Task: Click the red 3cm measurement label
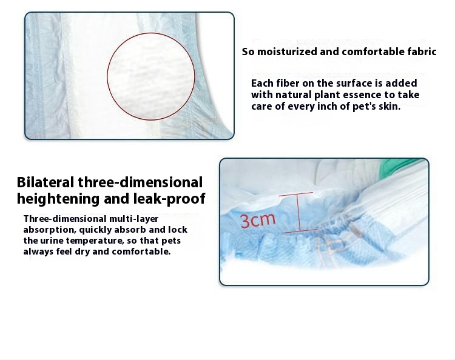258,220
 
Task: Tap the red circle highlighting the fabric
107,76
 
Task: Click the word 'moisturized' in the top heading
288,52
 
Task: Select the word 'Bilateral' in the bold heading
45,182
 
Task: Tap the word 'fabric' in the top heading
422,52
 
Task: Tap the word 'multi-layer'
134,219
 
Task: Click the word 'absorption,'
50,230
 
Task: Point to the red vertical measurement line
298,213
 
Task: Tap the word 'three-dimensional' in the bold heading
140,182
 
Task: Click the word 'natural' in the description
293,95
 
